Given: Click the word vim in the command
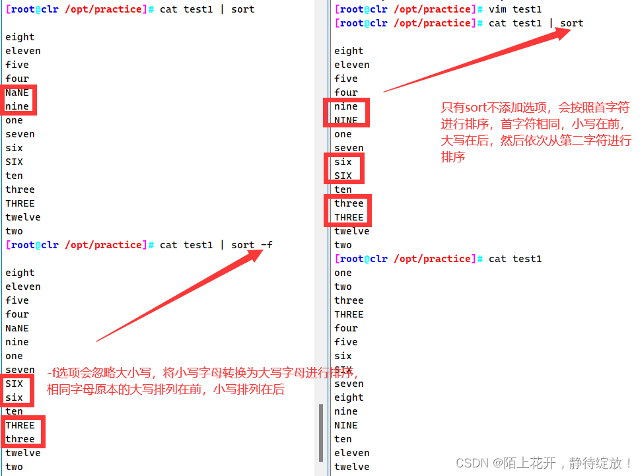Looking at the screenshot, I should coord(497,9).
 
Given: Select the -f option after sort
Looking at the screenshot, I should coord(266,245).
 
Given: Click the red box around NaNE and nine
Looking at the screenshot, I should coord(18,100).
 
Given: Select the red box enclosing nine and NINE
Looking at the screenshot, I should coord(346,113).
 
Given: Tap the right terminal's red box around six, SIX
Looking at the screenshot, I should coord(343,168).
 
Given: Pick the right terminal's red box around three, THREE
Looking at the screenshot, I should coord(348,210).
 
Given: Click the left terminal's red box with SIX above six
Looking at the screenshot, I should coord(16,390).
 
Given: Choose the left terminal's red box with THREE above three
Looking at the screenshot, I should coord(23,432).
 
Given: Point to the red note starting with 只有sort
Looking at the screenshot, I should coord(536,132).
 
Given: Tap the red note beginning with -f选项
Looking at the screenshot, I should coord(201,381).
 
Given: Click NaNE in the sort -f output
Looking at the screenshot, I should coord(17,328).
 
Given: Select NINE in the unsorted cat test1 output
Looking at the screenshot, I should coord(346,425).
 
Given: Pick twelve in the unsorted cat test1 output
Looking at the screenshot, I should coord(351,467).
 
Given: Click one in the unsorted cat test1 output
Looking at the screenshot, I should coord(343,273).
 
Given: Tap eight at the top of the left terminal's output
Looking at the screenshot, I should coord(20,37).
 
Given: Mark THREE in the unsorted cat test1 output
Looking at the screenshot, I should coord(349,314).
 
